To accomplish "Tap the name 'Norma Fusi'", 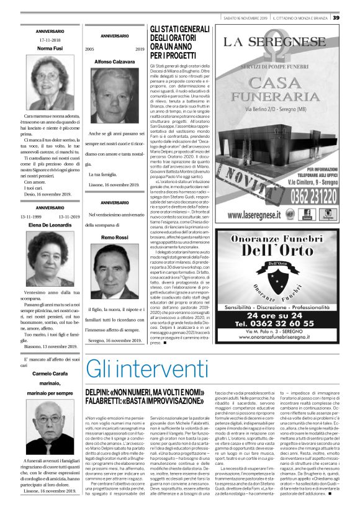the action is click(49, 48).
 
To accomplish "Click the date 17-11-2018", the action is click(49, 39).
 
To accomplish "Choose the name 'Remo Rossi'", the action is click(114, 238).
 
